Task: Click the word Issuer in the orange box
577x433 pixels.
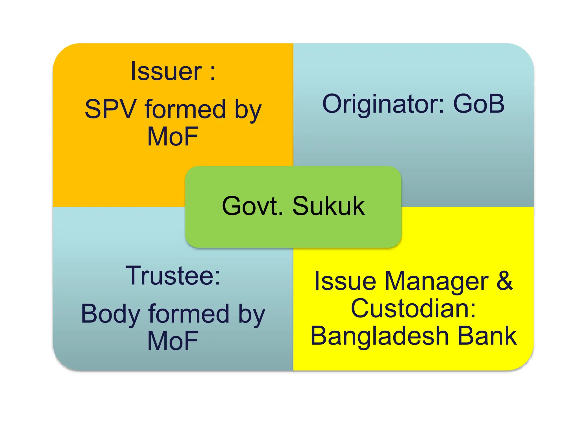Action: [x=166, y=72]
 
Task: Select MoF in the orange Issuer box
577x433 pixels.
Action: [x=173, y=137]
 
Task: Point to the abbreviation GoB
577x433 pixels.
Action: [x=479, y=104]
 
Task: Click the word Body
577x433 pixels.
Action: [x=110, y=314]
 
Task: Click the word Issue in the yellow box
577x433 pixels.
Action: [x=345, y=281]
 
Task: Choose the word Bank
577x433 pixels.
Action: [x=487, y=336]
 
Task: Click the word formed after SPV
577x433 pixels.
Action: [x=185, y=109]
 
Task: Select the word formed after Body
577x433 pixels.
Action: [x=189, y=314]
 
